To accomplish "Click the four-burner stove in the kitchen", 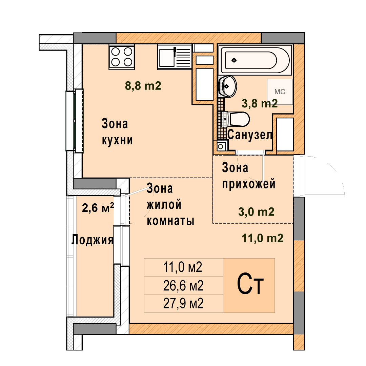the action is click(122, 57).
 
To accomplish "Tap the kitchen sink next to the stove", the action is click(175, 57).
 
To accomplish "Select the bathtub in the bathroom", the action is click(255, 60).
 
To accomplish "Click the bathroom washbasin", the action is click(227, 86).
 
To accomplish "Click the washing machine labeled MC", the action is click(280, 92).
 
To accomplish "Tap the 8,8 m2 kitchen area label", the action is click(143, 86).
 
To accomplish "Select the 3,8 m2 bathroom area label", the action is click(260, 103).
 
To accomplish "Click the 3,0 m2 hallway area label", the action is click(256, 212).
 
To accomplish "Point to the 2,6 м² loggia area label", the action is click(98, 207).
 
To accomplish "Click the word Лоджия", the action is click(92, 240).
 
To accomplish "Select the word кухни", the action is click(117, 140).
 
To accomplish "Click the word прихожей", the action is click(249, 184).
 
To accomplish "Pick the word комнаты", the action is click(170, 221).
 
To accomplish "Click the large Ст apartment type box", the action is click(249, 285).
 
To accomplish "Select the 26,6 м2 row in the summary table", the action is click(183, 285).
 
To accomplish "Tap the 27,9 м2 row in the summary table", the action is click(183, 303).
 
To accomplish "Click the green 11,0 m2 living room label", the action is click(263, 238).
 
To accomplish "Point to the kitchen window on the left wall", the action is click(74, 121).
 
